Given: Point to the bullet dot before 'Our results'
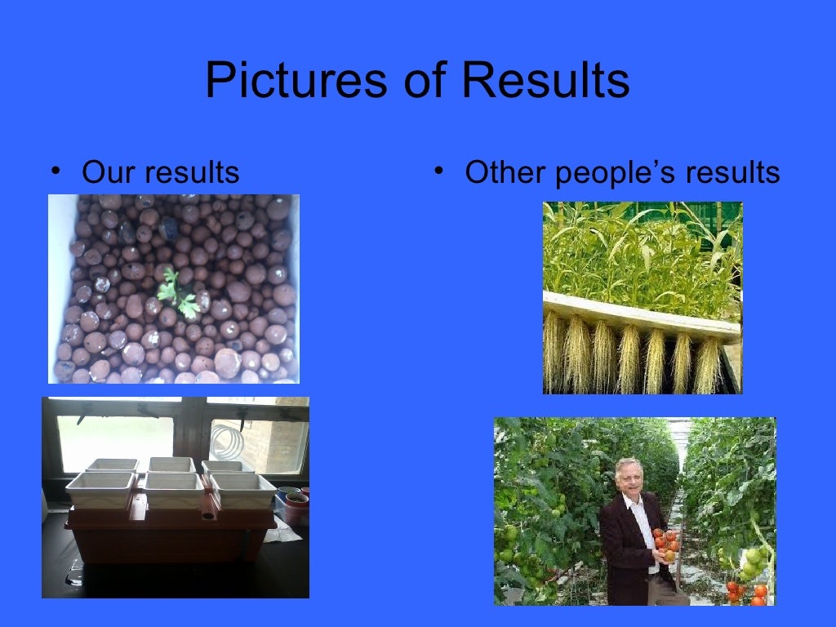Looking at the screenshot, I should tap(55, 171).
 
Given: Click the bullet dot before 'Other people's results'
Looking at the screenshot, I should tap(438, 171).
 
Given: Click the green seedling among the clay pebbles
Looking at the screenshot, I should tap(179, 293).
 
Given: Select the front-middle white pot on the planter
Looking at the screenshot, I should tap(173, 490).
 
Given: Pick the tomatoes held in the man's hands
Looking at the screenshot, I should tap(665, 544).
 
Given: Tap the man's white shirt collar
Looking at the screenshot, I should tap(636, 502).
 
